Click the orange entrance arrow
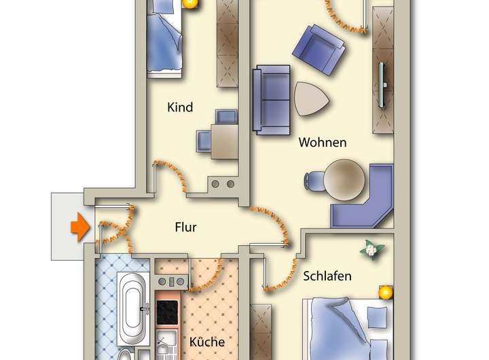[x=80, y=227]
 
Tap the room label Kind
[x=180, y=107]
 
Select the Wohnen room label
[x=323, y=143]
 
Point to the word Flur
[x=185, y=227]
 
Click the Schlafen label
[x=327, y=276]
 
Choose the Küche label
[x=207, y=342]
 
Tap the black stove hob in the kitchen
[x=167, y=312]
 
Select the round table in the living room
[x=343, y=179]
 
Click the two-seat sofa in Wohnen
[x=271, y=98]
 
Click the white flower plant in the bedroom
[x=370, y=249]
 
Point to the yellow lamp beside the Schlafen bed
[x=386, y=293]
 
